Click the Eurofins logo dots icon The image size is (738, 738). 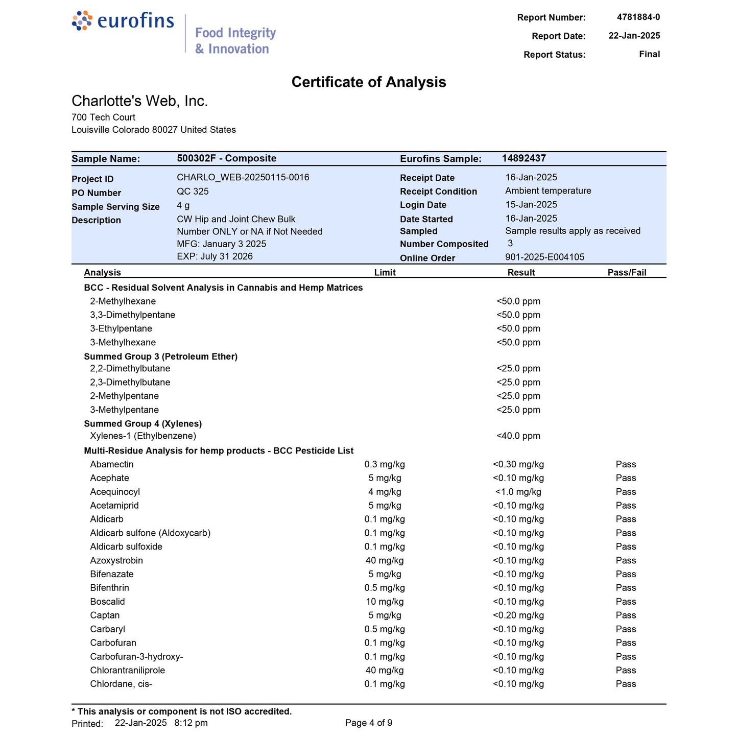82,20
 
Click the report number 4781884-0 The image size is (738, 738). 638,17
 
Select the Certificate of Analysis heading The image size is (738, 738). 369,82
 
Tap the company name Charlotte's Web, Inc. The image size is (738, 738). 139,101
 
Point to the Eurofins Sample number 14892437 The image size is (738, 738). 523,158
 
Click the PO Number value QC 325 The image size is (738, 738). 193,192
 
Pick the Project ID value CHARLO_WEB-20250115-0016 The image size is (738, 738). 243,178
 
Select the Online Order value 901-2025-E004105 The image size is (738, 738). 544,257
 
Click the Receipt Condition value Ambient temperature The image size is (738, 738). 548,191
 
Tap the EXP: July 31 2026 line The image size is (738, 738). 215,256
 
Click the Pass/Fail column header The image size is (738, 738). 627,273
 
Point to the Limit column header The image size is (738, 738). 385,273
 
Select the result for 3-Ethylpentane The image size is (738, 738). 518,329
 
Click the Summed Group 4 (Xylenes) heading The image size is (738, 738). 143,424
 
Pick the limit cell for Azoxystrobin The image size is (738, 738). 385,561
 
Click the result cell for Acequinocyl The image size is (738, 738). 518,492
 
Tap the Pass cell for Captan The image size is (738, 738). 626,615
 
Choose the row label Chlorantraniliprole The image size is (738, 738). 128,671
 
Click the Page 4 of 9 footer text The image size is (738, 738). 369,723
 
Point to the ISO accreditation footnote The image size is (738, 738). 182,711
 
